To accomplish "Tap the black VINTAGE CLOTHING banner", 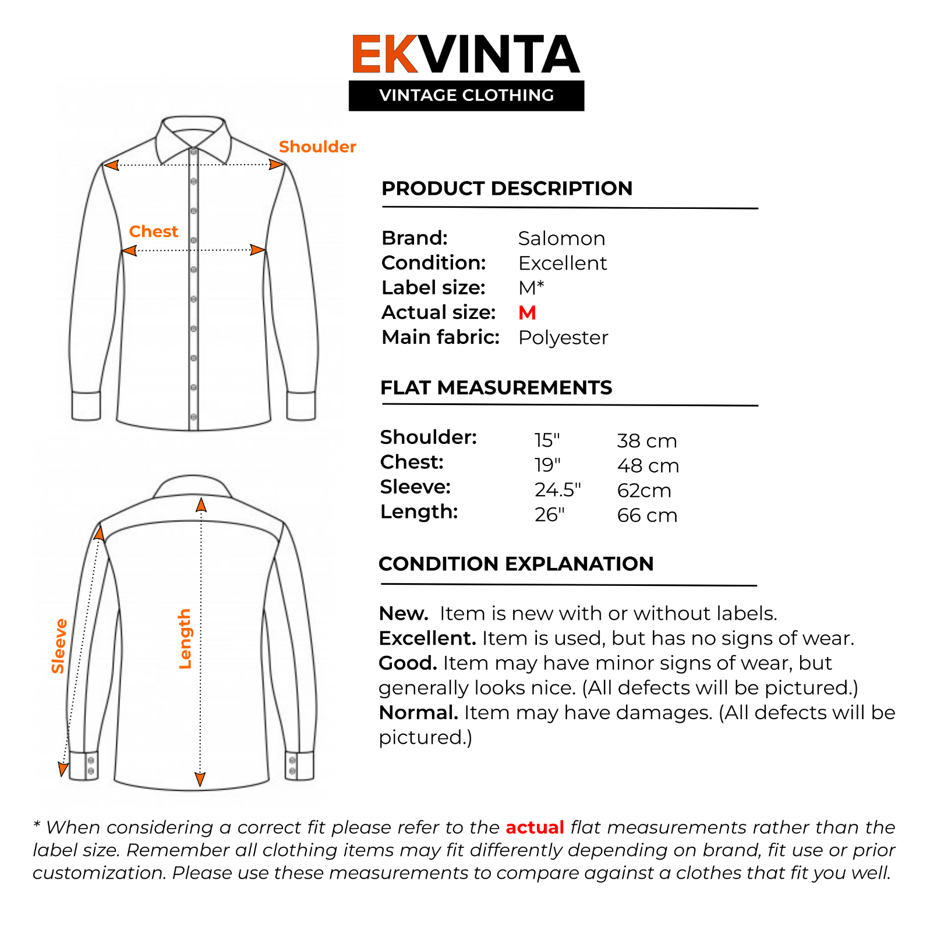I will tap(466, 95).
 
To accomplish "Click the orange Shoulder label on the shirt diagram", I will tap(317, 147).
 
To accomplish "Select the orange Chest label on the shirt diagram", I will tap(153, 232).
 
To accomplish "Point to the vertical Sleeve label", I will tap(59, 646).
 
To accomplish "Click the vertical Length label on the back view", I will tap(185, 639).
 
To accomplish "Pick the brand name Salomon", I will tap(561, 239).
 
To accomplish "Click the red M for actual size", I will tap(527, 313).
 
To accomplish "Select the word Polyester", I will tap(563, 337).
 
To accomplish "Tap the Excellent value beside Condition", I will tap(563, 264).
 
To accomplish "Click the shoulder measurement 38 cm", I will tap(646, 441).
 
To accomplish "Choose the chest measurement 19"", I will tap(547, 465).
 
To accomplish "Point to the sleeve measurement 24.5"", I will tap(557, 491).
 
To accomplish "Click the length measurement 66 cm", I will tap(647, 516).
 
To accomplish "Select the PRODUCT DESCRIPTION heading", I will tap(507, 189).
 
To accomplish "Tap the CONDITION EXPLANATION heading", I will tap(516, 564).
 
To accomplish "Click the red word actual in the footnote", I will tap(535, 827).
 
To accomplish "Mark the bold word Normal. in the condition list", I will tap(418, 713).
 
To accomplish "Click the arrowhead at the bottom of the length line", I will tap(200, 780).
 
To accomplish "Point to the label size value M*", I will tap(531, 288).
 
